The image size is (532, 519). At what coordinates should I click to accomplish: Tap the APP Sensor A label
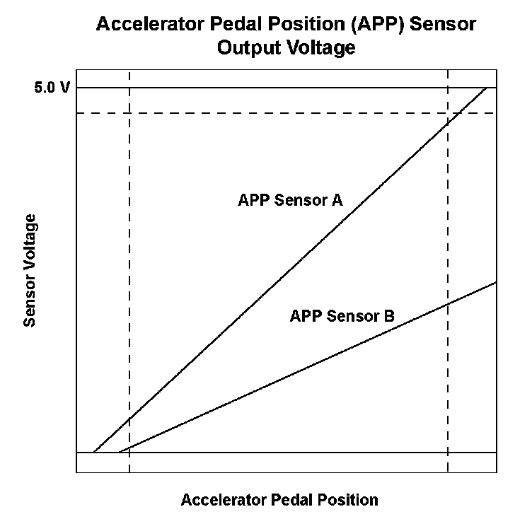click(x=290, y=200)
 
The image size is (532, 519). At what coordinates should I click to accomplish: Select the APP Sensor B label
click(x=342, y=316)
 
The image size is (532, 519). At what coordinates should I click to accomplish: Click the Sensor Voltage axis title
click(x=30, y=271)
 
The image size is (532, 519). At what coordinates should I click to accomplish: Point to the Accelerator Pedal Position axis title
click(x=279, y=500)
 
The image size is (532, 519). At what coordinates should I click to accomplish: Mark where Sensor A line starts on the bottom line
click(x=93, y=452)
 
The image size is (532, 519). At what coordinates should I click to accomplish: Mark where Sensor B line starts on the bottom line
click(x=119, y=452)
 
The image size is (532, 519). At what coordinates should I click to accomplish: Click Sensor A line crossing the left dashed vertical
click(x=129, y=419)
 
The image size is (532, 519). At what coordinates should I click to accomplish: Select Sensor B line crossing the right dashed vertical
click(x=448, y=303)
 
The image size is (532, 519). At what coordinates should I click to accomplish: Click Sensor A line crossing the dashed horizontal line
click(x=459, y=113)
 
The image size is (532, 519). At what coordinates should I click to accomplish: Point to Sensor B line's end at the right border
click(x=496, y=282)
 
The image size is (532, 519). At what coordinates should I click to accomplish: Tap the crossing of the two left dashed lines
click(x=129, y=113)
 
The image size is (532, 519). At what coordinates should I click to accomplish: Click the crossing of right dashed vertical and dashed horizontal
click(x=448, y=113)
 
